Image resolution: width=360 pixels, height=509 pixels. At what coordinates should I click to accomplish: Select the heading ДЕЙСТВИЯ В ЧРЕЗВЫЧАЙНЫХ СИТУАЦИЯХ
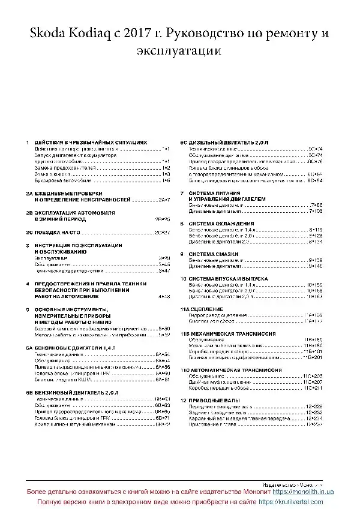click(90, 141)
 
